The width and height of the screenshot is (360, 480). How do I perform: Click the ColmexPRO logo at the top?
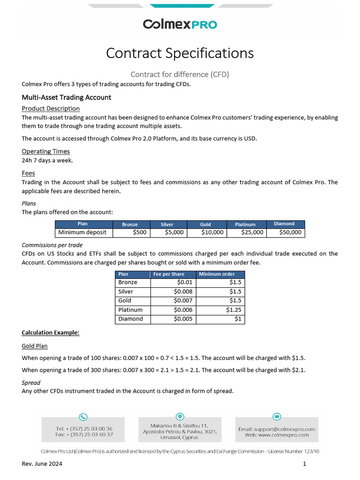180,24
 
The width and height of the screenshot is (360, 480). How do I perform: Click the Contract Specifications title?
180,53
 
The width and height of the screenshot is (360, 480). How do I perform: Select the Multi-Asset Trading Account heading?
67,97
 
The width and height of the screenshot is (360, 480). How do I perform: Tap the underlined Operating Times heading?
46,151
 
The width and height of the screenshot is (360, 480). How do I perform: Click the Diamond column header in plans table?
284,224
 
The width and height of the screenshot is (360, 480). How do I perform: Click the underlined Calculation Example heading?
51,333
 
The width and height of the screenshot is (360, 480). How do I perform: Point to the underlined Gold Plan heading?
35,346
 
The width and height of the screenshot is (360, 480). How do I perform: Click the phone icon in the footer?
83,417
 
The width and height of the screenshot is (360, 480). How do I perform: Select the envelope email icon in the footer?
277,417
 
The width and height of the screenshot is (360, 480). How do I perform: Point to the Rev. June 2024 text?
42,464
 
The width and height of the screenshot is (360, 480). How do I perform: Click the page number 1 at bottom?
305,464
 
